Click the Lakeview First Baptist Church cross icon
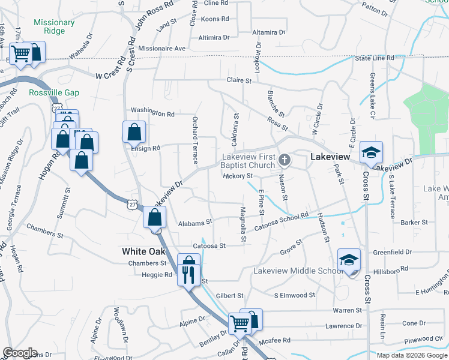coord(285,160)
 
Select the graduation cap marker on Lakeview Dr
coord(371,152)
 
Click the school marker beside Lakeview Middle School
coord(349,259)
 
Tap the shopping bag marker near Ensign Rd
coord(134,131)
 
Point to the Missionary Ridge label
coord(54,27)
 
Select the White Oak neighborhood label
coord(143,251)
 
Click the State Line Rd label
coord(374,58)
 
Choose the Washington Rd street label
coord(152,113)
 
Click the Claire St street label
coord(238,80)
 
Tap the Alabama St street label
coord(195,223)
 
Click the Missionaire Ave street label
coord(162,48)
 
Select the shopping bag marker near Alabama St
coord(154,218)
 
